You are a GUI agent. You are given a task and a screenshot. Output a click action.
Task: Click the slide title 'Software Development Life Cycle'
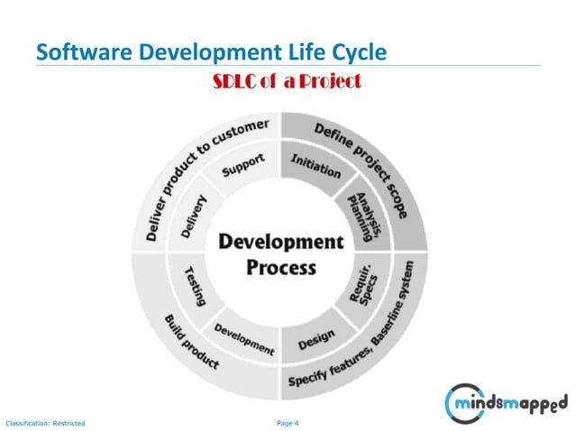pyautogui.click(x=211, y=52)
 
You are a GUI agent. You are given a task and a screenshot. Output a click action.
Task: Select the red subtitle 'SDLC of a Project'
pyautogui.click(x=287, y=82)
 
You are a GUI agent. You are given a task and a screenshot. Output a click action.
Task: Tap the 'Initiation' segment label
pyautogui.click(x=315, y=166)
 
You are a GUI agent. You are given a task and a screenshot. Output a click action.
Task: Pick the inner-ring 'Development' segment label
pyautogui.click(x=244, y=336)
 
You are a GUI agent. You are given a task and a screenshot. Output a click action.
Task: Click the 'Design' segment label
pyautogui.click(x=316, y=339)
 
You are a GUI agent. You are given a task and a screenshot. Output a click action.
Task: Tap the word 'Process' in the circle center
pyautogui.click(x=281, y=267)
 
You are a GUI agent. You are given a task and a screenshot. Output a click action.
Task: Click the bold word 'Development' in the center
pyautogui.click(x=281, y=243)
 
